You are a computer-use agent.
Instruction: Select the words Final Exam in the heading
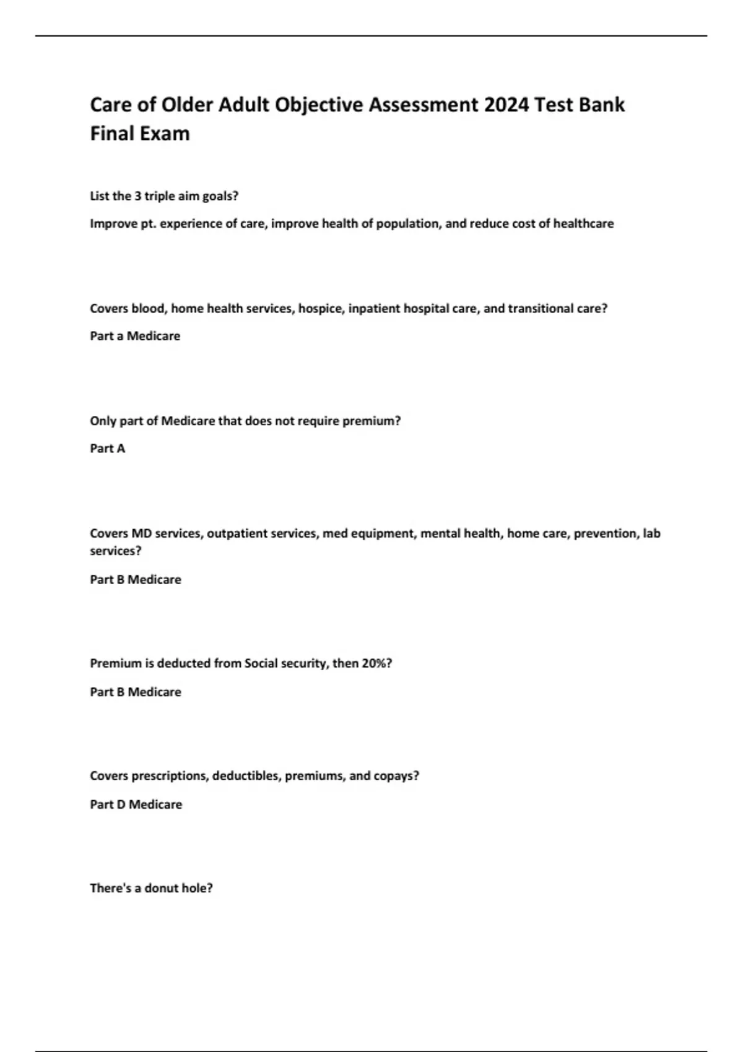[140, 134]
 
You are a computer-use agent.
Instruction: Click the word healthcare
[583, 223]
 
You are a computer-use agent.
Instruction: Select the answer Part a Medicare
[135, 336]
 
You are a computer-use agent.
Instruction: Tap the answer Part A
[108, 449]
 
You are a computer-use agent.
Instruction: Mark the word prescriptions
[169, 776]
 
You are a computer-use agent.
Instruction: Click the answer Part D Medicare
[136, 804]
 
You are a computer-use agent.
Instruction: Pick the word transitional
[540, 309]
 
